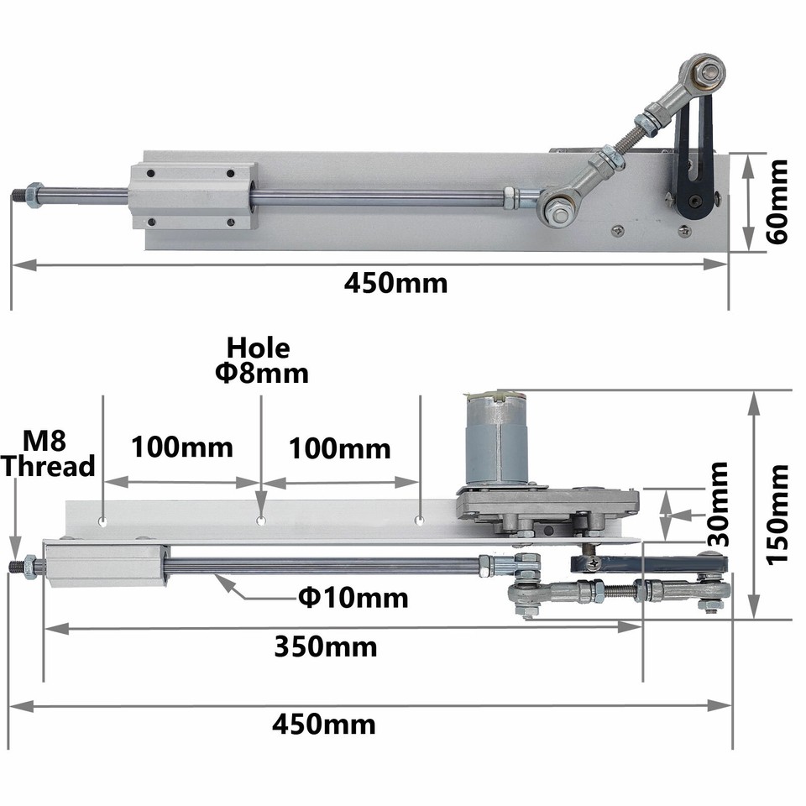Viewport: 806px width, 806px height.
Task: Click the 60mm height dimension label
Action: (777, 201)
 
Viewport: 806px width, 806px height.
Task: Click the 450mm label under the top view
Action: (395, 283)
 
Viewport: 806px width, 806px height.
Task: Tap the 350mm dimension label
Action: (326, 646)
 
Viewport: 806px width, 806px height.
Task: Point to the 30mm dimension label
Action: (717, 504)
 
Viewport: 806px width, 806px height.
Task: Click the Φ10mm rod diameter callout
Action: (353, 598)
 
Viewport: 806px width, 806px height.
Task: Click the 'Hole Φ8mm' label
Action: (260, 360)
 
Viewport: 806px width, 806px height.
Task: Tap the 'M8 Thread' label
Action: (47, 453)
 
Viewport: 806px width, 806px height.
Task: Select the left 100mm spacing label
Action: (181, 447)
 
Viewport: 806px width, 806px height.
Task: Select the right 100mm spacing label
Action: (340, 448)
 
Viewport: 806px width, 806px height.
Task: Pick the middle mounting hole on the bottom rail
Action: (261, 521)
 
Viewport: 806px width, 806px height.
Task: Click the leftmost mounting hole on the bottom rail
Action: (102, 521)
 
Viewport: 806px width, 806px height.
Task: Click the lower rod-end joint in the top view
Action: (557, 207)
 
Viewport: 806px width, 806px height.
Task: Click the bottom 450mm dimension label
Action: (323, 724)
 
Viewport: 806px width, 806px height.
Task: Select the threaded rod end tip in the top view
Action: (18, 197)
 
